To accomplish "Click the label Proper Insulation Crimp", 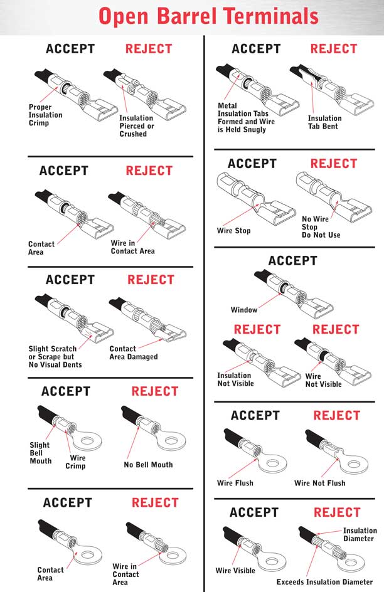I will [45, 115].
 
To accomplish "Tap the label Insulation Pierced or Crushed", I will [136, 125].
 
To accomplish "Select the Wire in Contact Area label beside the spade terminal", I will [132, 247].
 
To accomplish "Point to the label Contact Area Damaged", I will [133, 352].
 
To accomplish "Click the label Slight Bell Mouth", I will [40, 453].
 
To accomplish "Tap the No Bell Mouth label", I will [148, 465].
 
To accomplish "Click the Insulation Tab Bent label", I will [324, 122].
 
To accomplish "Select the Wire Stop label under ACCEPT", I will [233, 231].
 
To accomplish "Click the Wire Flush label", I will [235, 483].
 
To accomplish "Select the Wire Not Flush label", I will [319, 483].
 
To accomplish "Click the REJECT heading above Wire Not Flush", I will [337, 415].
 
